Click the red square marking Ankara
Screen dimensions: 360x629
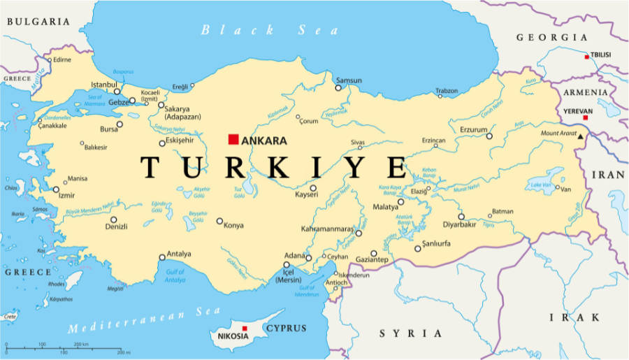(x=233, y=139)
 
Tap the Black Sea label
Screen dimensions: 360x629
(x=269, y=30)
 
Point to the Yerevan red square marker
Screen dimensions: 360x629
(x=586, y=117)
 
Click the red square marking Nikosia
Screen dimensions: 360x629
(x=244, y=328)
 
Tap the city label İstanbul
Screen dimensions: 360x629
(x=103, y=85)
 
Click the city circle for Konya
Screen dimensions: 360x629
(x=219, y=222)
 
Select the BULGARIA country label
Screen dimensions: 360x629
(x=38, y=22)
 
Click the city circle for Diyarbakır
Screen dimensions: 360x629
(x=461, y=217)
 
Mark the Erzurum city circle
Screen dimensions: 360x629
(x=489, y=136)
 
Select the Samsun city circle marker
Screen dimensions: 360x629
(x=338, y=88)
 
